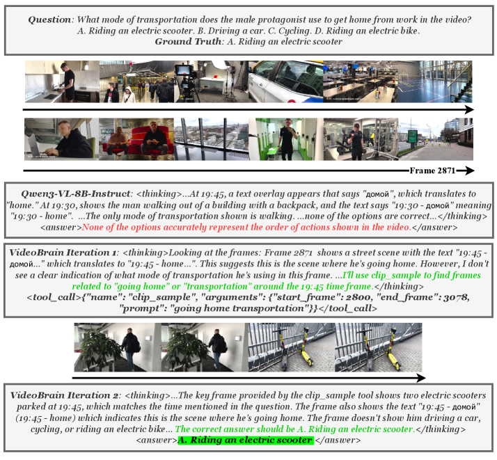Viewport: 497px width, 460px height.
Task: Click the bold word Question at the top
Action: click(x=49, y=19)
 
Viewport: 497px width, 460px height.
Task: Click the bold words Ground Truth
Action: click(x=188, y=42)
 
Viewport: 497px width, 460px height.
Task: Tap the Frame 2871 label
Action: click(x=432, y=170)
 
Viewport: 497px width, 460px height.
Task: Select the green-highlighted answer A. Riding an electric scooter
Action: click(x=246, y=440)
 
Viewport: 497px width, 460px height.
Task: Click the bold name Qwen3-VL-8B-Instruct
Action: click(x=75, y=194)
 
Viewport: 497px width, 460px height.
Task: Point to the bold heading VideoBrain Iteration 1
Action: click(x=63, y=253)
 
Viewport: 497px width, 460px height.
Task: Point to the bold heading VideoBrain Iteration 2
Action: click(x=64, y=395)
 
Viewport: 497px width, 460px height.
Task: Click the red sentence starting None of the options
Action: click(x=246, y=228)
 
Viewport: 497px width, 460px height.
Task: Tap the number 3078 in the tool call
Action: click(x=455, y=297)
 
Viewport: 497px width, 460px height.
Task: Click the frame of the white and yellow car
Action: click(x=286, y=81)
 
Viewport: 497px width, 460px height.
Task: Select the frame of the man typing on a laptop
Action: click(x=62, y=139)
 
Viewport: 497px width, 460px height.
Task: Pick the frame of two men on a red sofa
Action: click(x=136, y=139)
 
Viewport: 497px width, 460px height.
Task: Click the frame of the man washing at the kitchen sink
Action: click(x=63, y=81)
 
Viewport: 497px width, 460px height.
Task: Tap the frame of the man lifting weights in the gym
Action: click(x=361, y=139)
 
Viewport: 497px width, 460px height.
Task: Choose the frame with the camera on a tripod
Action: click(x=212, y=81)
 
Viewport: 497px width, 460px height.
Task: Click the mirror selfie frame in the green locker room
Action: click(x=286, y=139)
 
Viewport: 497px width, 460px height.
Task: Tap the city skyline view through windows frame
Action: click(x=212, y=139)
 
